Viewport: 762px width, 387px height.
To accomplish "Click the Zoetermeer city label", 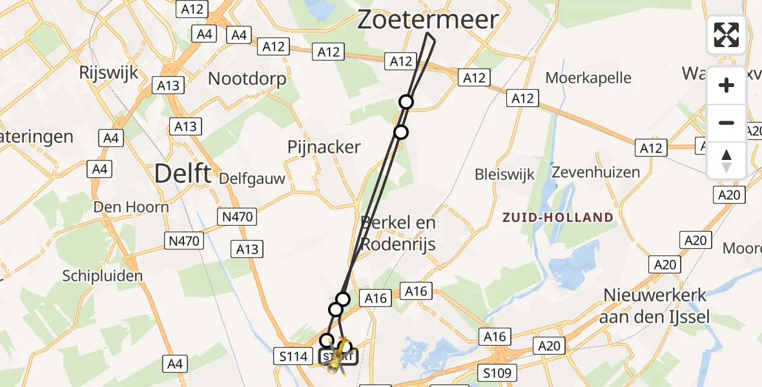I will [x=428, y=20].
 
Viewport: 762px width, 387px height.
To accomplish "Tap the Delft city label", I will [x=183, y=173].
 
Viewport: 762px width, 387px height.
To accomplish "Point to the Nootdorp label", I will [x=247, y=78].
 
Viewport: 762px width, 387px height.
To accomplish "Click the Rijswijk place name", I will [x=108, y=72].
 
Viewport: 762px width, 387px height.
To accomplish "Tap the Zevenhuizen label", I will [x=596, y=172].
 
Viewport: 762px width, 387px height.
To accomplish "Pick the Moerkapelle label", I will [x=588, y=78].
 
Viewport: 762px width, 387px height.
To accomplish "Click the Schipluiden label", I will [x=102, y=276].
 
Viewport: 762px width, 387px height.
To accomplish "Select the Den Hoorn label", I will [x=131, y=207].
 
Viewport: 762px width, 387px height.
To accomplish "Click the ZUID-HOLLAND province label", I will [x=558, y=217].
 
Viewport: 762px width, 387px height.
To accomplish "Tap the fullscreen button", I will [x=726, y=35].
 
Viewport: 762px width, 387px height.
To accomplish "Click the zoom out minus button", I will [x=726, y=123].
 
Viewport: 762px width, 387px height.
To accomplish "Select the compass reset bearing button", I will [x=726, y=160].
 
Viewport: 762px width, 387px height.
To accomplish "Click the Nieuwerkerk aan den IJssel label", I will [x=655, y=306].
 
